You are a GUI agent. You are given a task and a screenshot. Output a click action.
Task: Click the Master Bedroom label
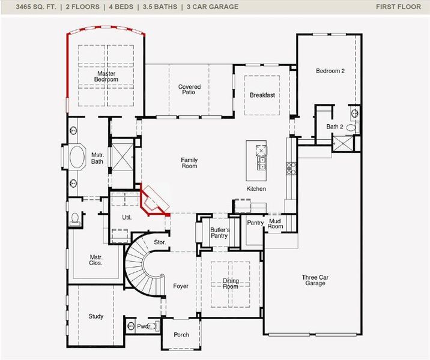(106, 76)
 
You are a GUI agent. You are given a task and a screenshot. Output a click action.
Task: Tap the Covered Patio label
(189, 90)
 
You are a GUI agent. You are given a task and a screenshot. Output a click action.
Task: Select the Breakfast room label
(262, 95)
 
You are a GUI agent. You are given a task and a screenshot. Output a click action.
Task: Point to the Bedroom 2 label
(330, 71)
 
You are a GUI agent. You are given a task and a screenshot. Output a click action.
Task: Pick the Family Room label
(189, 163)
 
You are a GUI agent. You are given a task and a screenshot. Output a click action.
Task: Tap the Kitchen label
(256, 189)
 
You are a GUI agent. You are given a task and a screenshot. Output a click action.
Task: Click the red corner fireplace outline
(153, 199)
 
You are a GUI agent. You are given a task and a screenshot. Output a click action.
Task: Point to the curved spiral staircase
(142, 265)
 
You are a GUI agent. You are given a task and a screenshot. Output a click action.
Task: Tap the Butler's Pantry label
(219, 233)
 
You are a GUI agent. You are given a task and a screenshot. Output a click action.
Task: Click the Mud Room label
(275, 224)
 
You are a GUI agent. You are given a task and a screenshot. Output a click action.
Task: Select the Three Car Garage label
(314, 280)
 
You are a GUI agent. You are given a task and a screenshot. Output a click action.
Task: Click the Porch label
(181, 335)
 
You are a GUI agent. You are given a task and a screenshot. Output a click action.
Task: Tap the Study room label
(96, 316)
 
